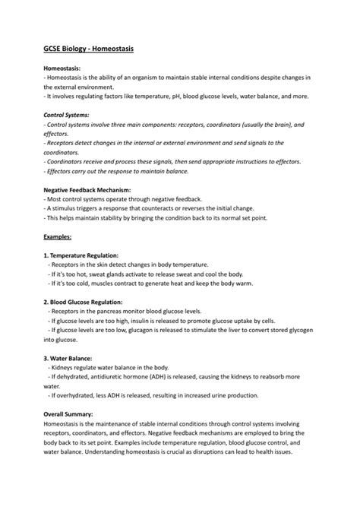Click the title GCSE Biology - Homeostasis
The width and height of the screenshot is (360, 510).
coord(89,49)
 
